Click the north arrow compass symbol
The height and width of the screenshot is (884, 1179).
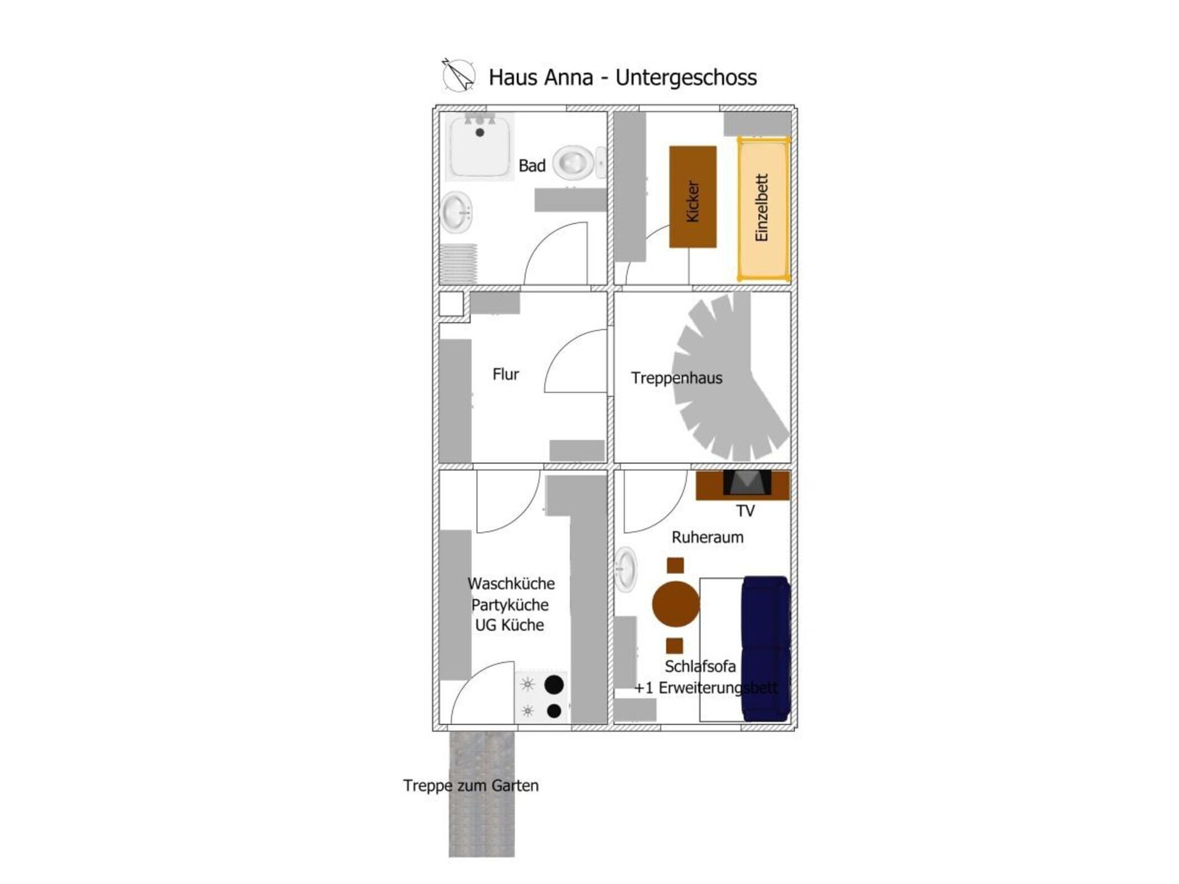pos(458,76)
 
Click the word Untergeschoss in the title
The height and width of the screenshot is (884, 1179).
pos(686,77)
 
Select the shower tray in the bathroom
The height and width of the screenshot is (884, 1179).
pos(480,146)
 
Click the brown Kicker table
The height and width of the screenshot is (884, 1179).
pos(693,197)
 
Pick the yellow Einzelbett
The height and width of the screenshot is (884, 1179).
pos(763,209)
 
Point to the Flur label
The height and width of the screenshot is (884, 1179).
pos(505,374)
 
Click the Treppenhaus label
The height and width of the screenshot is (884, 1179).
pos(676,378)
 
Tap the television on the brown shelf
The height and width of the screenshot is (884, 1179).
pos(747,483)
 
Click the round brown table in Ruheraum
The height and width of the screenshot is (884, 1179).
pos(675,604)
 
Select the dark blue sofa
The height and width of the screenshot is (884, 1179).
pos(766,648)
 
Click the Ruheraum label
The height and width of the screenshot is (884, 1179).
pos(707,538)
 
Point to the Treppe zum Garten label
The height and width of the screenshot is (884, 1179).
pos(471,786)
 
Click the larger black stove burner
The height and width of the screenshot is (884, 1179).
pos(554,684)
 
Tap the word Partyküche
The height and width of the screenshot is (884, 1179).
pos(510,605)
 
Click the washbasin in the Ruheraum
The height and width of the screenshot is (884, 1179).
pos(626,570)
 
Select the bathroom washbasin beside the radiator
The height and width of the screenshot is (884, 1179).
pos(456,212)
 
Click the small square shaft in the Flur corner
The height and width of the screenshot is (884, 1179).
pos(451,304)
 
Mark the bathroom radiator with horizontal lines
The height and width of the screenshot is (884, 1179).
pos(458,264)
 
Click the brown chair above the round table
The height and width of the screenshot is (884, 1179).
pos(675,565)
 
